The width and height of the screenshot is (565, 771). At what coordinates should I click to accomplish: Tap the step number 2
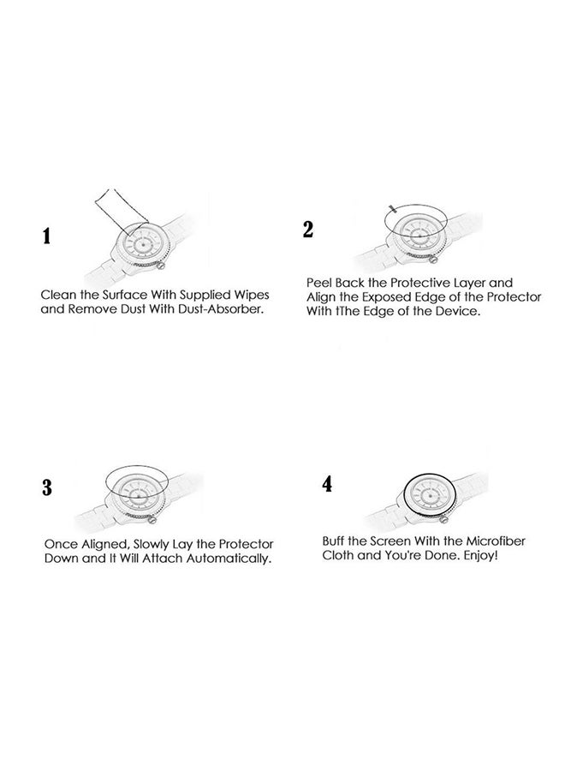point(308,229)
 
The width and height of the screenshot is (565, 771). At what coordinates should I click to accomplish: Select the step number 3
point(48,489)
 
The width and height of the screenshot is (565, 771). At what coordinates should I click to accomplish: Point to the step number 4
point(326,485)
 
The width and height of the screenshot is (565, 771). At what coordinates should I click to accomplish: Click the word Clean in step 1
point(60,294)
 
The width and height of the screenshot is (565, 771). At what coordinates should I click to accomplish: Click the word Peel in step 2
point(320,282)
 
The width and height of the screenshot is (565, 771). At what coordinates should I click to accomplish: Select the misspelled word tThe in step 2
point(343,312)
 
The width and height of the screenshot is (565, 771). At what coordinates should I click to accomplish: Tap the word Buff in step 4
point(335,541)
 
